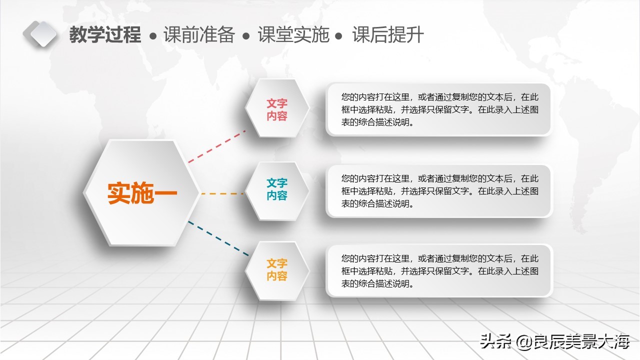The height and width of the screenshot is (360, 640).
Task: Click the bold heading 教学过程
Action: point(105,35)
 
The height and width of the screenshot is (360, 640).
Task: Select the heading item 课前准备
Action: point(199,35)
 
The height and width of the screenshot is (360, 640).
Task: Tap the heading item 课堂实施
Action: point(293,35)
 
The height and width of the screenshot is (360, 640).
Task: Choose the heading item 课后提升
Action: point(388,35)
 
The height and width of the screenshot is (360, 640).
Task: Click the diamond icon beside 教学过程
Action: point(40,33)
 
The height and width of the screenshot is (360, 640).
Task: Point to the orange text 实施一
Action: point(142,193)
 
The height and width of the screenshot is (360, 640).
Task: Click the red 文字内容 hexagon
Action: point(276,109)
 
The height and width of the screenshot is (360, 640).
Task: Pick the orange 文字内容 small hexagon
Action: point(276,269)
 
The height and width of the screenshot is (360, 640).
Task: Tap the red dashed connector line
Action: point(216,146)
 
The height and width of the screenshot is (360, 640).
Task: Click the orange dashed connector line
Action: point(222,193)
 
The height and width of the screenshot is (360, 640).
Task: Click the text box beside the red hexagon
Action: point(439,109)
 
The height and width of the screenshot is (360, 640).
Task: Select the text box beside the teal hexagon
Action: point(439,190)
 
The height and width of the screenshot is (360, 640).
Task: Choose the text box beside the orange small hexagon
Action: point(439,271)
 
